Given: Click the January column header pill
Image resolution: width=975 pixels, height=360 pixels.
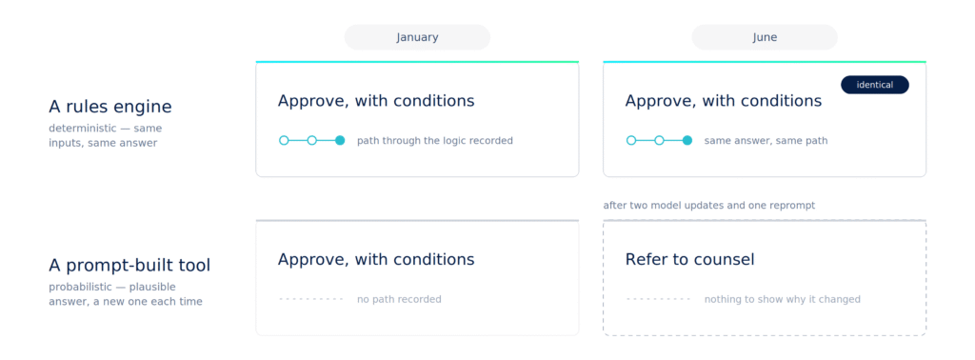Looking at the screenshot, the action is tap(417, 37).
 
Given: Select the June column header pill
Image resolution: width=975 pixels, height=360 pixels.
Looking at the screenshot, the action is tap(765, 37).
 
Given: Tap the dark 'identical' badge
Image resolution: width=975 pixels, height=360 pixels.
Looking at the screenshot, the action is tap(875, 85).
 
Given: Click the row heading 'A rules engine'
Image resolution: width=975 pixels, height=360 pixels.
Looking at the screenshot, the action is tap(110, 107).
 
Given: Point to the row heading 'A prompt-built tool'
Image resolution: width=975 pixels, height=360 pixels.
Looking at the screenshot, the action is tap(129, 266).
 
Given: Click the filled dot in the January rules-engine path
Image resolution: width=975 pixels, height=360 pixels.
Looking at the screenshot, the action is tap(340, 141).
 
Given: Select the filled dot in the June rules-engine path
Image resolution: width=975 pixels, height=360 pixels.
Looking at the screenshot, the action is tap(687, 141).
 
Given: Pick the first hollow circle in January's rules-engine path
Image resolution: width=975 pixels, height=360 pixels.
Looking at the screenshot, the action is tap(284, 141).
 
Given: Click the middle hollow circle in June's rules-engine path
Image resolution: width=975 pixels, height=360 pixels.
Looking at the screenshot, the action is tap(659, 141).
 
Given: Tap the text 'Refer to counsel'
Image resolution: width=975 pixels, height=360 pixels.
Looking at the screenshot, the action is tap(689, 259).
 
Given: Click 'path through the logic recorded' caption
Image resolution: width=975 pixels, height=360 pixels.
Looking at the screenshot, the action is tap(434, 141).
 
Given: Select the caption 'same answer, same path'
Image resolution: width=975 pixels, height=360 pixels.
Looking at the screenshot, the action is tap(766, 141).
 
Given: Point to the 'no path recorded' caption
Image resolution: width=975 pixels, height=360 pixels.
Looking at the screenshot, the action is tap(399, 300).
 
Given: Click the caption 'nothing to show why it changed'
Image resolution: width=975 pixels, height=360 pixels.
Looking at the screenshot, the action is tap(783, 300).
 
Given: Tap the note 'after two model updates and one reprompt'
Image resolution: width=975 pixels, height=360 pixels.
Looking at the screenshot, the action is tap(708, 205).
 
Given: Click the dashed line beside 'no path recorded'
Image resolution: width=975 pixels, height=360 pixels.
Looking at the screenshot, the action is tap(311, 299).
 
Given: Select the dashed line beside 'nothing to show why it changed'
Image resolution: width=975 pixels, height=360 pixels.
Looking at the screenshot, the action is tap(658, 299).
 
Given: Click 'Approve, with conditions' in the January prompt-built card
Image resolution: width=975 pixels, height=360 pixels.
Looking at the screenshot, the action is tap(376, 259).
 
